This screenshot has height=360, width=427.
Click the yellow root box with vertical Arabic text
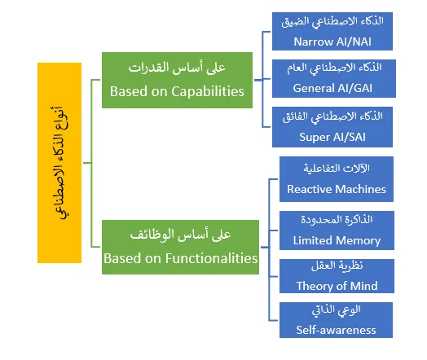click(59, 163)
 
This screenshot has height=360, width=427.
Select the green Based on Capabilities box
click(177, 81)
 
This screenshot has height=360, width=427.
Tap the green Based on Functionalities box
click(180, 247)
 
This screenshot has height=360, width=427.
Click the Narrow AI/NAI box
click(332, 31)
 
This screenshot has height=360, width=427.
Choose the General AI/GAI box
click(334, 79)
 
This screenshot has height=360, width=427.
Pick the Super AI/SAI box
click(332, 127)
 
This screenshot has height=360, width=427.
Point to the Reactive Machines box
click(337, 179)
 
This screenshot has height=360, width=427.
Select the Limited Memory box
click(337, 230)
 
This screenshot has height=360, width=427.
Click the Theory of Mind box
click(337, 276)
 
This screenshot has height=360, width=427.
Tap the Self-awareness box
click(336, 320)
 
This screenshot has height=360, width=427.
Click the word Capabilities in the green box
click(208, 92)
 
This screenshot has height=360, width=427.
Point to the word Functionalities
click(211, 258)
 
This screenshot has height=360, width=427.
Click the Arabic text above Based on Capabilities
click(177, 68)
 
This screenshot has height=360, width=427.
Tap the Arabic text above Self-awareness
click(337, 310)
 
